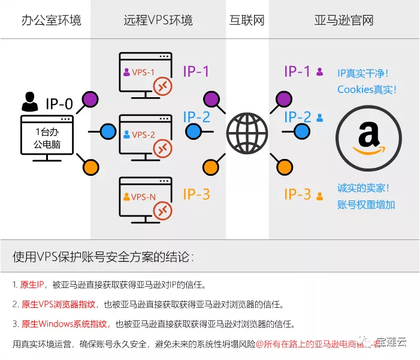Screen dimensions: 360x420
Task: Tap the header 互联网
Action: pos(247,20)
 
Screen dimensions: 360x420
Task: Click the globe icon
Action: pos(247,131)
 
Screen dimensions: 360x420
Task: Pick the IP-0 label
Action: pos(59,104)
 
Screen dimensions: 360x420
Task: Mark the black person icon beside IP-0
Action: pos(29,103)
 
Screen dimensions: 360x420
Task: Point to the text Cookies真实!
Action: pos(367,89)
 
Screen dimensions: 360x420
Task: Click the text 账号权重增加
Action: pos(366,205)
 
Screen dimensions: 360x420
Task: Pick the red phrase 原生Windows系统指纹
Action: pos(65,324)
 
